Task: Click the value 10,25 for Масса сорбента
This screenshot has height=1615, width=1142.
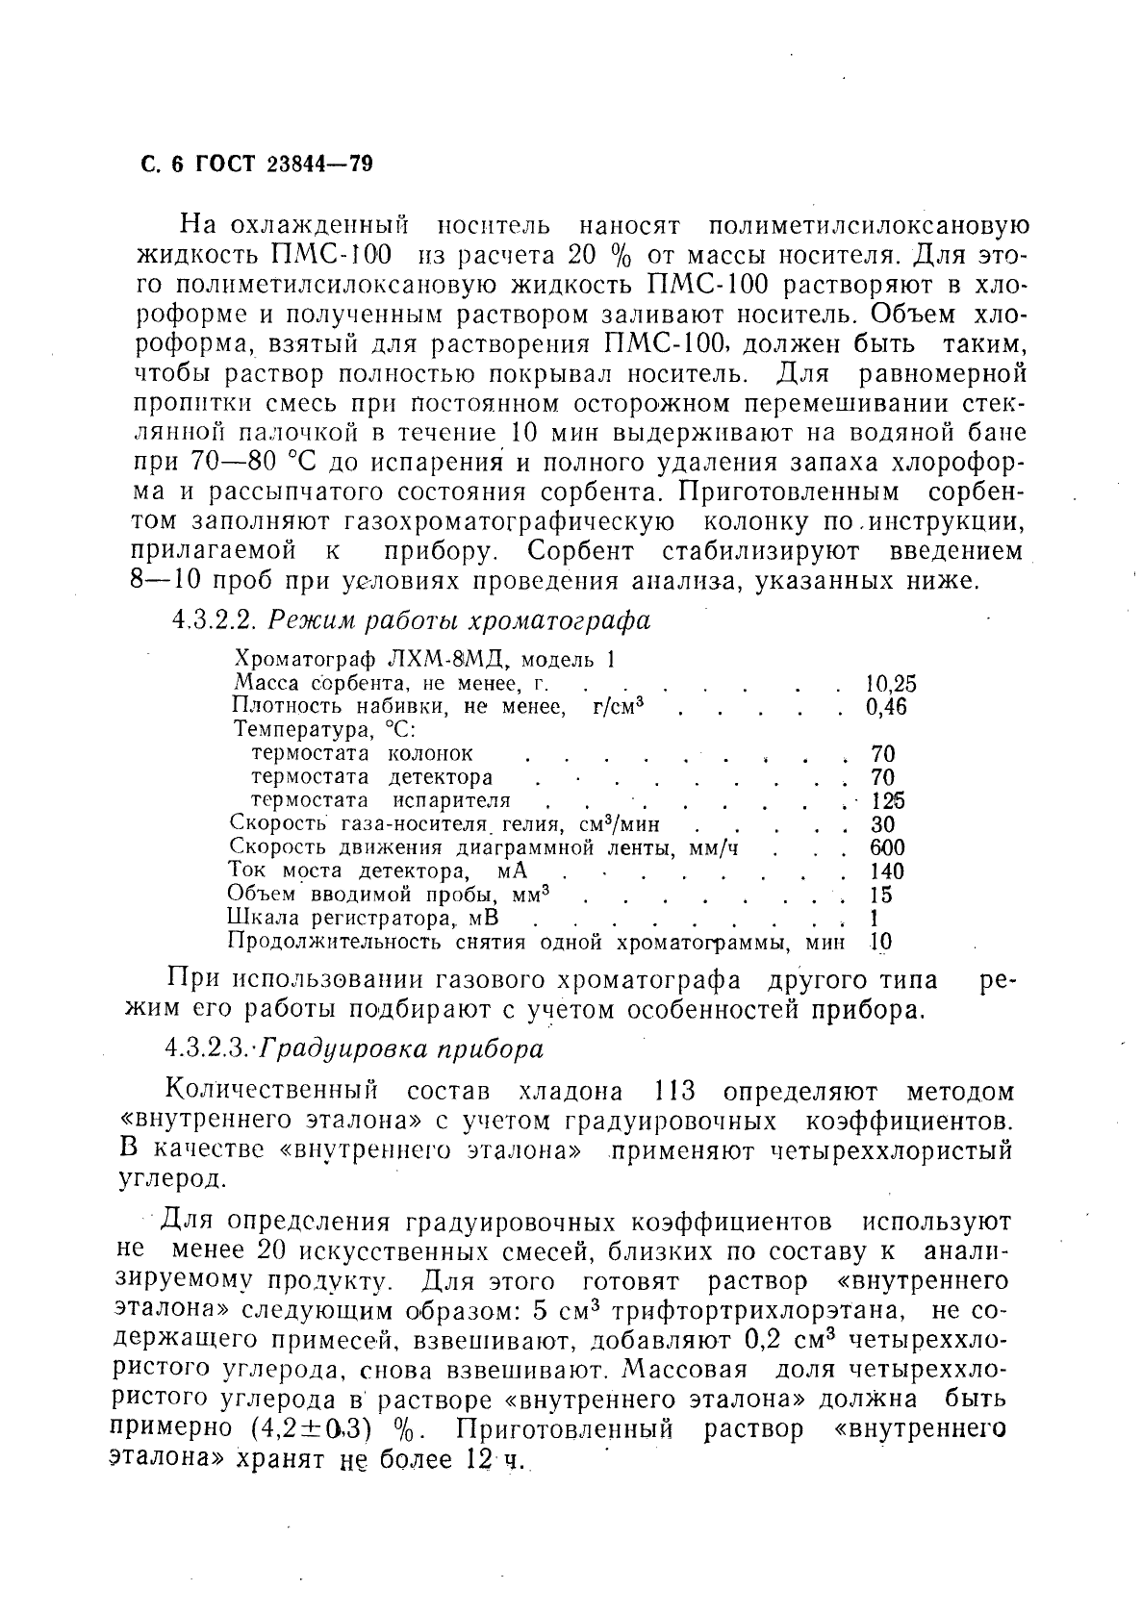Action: pos(890,685)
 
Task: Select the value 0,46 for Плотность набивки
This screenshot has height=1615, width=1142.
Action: pos(886,708)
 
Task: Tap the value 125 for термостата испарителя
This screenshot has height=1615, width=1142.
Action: pos(887,801)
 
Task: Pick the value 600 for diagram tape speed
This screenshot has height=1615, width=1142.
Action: pos(886,848)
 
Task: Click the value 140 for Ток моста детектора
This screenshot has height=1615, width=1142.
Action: pos(886,871)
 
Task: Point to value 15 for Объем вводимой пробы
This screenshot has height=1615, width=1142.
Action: pos(879,896)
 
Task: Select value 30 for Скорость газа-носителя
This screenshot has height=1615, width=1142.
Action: pos(881,825)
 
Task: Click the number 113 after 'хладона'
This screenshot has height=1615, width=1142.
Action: pos(674,1093)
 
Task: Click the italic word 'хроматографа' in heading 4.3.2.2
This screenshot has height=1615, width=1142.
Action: pos(569,621)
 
